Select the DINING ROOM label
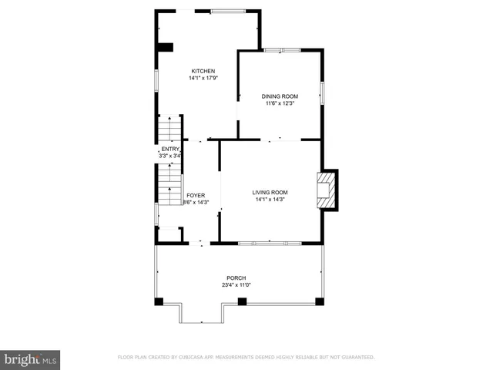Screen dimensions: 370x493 point(279,96)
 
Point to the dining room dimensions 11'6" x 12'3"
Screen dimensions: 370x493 point(279,103)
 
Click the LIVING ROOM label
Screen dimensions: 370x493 point(270,192)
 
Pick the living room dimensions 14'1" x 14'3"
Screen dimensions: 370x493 point(270,199)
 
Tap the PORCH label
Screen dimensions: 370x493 point(236,277)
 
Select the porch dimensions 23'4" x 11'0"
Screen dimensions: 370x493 point(236,284)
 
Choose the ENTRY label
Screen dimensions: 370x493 point(169,149)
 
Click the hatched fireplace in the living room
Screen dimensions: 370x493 point(327,190)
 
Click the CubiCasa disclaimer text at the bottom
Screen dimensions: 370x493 point(246,358)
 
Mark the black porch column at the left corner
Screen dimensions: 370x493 point(159,301)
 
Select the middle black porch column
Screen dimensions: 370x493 point(241,301)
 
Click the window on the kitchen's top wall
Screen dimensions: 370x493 point(228,11)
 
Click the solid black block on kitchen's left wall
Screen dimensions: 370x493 point(164,48)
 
